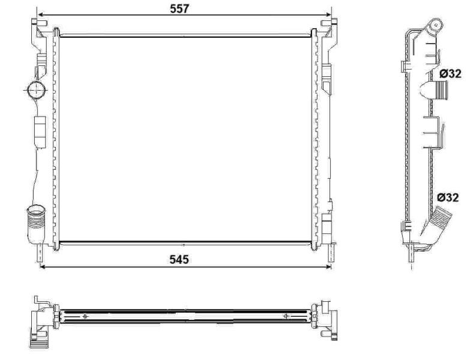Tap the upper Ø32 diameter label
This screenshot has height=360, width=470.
click(450, 74)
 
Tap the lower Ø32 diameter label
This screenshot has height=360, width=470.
click(448, 196)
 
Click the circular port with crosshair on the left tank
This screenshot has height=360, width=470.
click(36, 91)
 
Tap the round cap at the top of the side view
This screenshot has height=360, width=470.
click(434, 25)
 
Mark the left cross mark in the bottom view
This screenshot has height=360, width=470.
click(85, 316)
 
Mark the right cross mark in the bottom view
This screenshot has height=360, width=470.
click(286, 316)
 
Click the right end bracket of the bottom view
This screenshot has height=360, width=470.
click(328, 318)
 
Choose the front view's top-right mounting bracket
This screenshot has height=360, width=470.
click(328, 27)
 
